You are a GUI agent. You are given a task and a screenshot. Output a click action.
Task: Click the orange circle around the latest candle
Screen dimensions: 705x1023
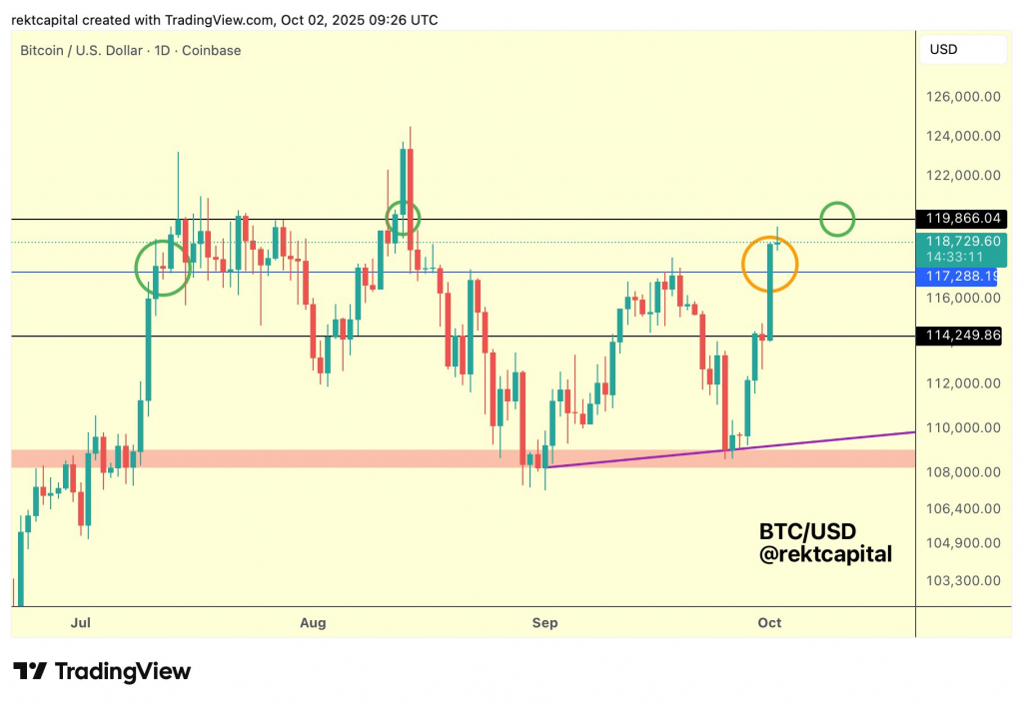coord(769,265)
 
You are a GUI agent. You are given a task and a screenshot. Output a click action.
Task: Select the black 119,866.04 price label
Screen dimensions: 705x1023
coord(963,218)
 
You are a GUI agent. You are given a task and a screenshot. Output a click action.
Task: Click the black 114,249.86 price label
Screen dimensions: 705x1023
coord(963,336)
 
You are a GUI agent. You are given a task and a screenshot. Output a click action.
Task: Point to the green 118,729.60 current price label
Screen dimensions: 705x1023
coord(963,241)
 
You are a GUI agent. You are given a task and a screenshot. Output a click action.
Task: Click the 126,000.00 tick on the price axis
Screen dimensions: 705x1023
coord(963,97)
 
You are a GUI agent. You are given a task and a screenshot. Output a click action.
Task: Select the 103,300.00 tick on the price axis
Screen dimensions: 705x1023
coord(963,580)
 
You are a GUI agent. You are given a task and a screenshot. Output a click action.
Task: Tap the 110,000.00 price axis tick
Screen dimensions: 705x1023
coord(963,427)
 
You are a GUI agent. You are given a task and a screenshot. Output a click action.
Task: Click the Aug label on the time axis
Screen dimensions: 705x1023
coord(313,623)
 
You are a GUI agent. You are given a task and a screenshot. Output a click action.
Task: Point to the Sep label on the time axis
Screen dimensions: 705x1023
coord(544,623)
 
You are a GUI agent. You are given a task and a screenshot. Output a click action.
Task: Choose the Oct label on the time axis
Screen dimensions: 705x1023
coord(769,623)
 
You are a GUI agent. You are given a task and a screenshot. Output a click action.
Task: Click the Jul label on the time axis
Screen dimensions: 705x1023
coord(82,623)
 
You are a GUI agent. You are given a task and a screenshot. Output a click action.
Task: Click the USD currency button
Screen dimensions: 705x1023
coord(944,50)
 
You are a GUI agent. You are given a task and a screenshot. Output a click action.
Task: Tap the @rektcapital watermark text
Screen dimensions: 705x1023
coord(825,554)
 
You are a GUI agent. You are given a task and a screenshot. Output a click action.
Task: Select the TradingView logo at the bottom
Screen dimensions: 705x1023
coord(101,671)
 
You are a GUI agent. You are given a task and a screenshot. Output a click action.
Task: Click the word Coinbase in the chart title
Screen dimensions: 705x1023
coord(210,50)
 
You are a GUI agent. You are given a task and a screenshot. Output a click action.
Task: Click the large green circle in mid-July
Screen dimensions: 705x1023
coord(163,267)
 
